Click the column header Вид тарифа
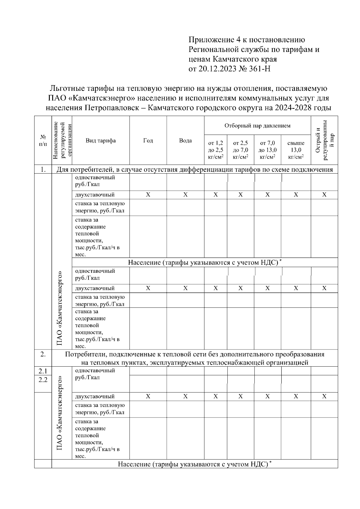(x=100, y=141)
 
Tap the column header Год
(x=148, y=141)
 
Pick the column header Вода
(x=185, y=141)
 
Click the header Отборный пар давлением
(x=257, y=126)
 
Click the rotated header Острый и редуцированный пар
(x=324, y=140)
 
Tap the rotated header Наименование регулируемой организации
(x=62, y=140)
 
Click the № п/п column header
(x=43, y=140)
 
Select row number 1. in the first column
(x=43, y=170)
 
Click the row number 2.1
(x=43, y=371)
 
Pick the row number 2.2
(x=43, y=380)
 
